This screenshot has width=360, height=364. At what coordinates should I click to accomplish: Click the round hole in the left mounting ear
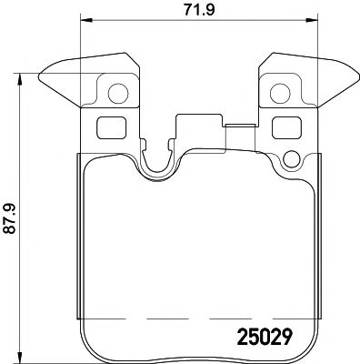pos(115,91)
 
